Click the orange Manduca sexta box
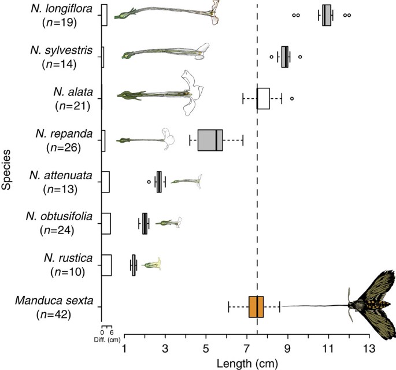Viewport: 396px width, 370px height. click(256, 306)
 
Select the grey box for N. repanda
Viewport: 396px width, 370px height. click(210, 140)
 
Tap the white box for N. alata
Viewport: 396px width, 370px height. click(263, 98)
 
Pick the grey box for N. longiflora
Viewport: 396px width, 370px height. click(327, 15)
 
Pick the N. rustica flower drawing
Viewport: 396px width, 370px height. click(150, 264)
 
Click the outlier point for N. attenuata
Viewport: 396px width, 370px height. click(149, 182)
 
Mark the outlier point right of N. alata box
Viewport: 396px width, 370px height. click(291, 99)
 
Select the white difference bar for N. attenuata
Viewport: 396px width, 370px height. click(105, 182)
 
